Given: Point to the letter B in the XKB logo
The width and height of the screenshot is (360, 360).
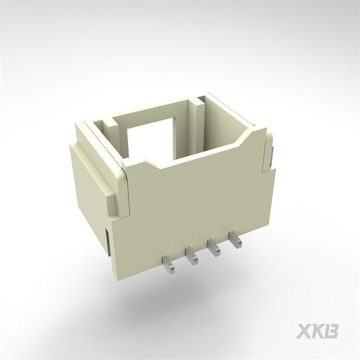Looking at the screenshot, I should [x=332, y=331].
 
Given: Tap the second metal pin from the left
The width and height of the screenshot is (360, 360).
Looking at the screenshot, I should [x=192, y=256].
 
